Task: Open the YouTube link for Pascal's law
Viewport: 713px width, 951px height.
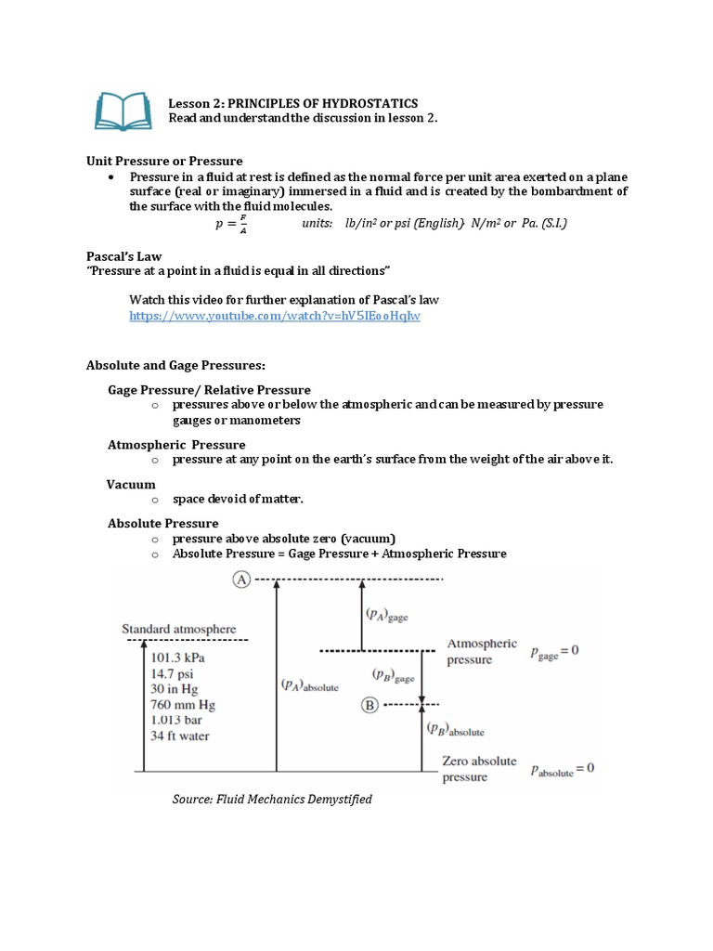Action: [x=275, y=317]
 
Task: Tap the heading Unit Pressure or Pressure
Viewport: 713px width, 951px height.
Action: [x=164, y=161]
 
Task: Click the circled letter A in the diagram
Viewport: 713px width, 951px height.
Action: [x=241, y=580]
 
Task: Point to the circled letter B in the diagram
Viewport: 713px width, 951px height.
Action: [x=368, y=705]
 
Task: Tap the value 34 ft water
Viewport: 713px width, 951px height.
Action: [x=180, y=736]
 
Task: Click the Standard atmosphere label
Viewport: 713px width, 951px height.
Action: [x=179, y=630]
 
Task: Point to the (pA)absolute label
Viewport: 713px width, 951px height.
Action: [x=310, y=685]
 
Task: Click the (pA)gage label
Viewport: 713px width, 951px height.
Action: [x=387, y=614]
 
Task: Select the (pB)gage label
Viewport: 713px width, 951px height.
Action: [x=394, y=675]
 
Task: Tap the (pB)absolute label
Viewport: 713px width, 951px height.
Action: [x=455, y=729]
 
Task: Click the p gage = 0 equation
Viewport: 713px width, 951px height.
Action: [x=554, y=651]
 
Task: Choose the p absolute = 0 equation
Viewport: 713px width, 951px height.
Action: [x=562, y=769]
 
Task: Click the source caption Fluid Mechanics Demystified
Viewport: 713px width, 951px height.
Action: [x=272, y=800]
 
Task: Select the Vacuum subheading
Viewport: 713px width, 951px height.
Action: [x=131, y=484]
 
